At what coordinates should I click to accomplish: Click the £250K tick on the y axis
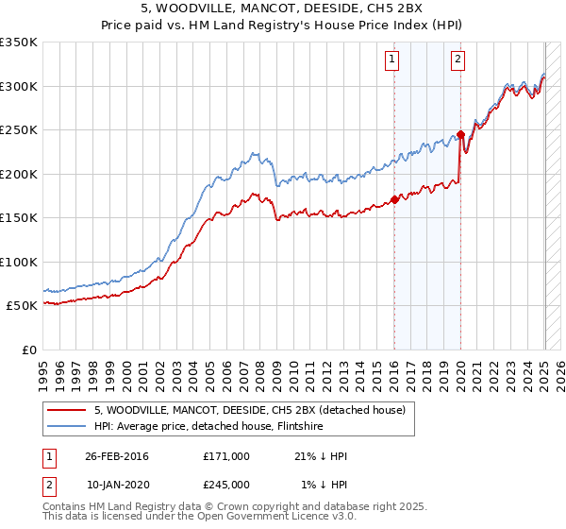pyautogui.click(x=18, y=130)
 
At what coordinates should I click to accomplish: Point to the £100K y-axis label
pyautogui.click(x=18, y=262)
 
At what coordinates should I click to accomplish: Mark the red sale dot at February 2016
pyautogui.click(x=394, y=199)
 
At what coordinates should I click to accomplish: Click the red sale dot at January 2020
pyautogui.click(x=460, y=134)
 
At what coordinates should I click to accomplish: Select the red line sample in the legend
pyautogui.click(x=66, y=410)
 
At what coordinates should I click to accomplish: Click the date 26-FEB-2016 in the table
pyautogui.click(x=117, y=456)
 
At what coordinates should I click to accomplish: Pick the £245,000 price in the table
pyautogui.click(x=225, y=484)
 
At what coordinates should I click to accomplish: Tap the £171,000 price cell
pyautogui.click(x=225, y=456)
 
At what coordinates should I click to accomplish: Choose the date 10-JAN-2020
pyautogui.click(x=117, y=484)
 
